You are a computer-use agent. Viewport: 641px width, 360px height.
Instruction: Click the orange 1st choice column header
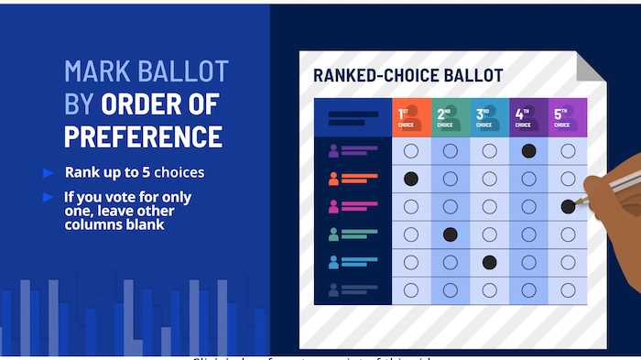click(411, 117)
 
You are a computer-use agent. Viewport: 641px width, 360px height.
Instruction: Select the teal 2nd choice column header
click(450, 117)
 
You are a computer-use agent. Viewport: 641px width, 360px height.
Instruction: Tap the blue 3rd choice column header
click(489, 117)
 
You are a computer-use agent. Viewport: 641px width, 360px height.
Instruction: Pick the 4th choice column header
click(528, 117)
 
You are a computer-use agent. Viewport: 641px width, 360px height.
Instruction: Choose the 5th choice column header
click(568, 117)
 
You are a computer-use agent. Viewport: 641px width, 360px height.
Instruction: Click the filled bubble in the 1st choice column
click(411, 178)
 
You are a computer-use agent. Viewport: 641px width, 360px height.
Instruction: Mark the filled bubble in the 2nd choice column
click(450, 235)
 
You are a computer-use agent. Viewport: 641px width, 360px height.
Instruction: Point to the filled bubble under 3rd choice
click(489, 262)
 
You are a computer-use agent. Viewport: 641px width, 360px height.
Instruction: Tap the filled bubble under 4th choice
click(528, 150)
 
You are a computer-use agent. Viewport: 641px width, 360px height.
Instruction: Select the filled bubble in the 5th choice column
click(568, 206)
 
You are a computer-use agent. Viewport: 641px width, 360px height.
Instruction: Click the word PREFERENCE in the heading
click(143, 136)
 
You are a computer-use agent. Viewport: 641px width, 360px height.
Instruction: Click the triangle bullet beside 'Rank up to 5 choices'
click(48, 172)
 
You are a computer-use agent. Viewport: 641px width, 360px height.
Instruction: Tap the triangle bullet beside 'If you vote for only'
click(48, 197)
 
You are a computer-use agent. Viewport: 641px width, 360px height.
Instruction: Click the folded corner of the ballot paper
click(592, 66)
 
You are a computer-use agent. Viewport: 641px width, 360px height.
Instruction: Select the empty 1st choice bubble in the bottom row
click(411, 290)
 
